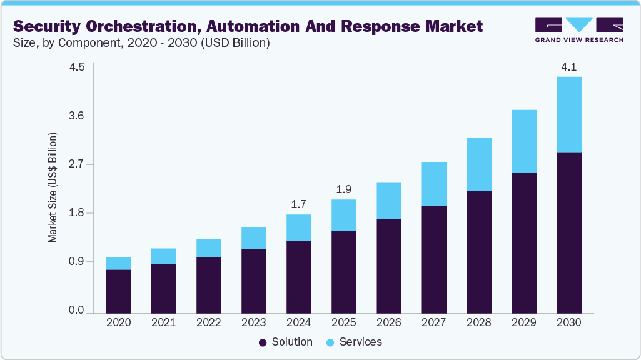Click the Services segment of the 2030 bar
click(568, 114)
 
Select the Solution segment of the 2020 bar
click(118, 291)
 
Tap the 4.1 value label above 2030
click(568, 66)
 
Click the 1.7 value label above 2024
click(298, 204)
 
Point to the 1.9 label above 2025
click(343, 189)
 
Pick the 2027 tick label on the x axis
click(433, 322)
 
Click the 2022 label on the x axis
click(208, 322)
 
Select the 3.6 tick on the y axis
click(76, 116)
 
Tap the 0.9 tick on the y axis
click(76, 262)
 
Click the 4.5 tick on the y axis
click(76, 67)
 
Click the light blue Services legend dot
click(330, 342)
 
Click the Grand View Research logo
click(578, 29)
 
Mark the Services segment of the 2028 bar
click(478, 164)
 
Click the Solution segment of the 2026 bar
click(388, 266)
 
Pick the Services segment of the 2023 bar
click(253, 238)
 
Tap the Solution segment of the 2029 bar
click(523, 242)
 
